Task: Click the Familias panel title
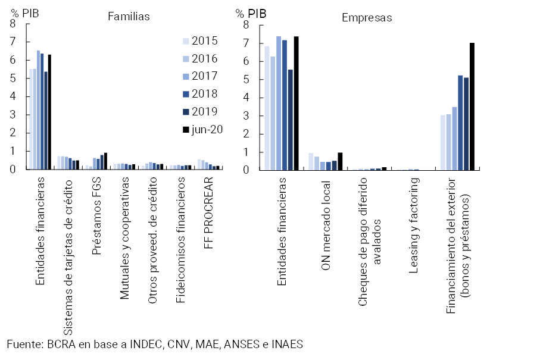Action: (129, 17)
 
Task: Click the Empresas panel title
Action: (367, 17)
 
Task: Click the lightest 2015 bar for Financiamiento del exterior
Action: (443, 142)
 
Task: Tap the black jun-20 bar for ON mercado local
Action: (340, 161)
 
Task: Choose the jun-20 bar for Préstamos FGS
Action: (106, 161)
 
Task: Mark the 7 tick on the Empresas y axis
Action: (246, 43)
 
